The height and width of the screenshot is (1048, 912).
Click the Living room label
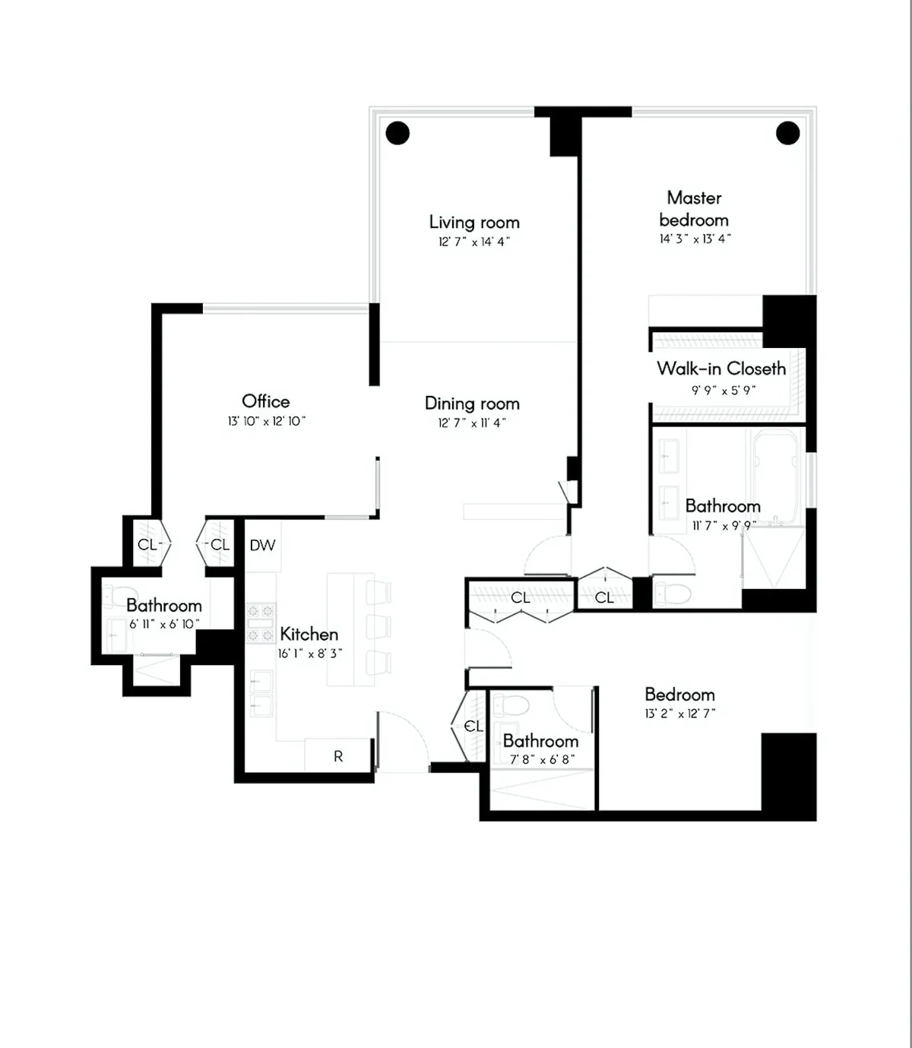(474, 222)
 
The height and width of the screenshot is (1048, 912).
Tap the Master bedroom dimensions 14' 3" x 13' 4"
(695, 239)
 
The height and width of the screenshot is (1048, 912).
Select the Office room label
(265, 401)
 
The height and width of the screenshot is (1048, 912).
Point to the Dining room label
(472, 403)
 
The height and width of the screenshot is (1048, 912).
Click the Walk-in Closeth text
(721, 369)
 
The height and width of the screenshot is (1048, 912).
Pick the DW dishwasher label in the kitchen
(262, 545)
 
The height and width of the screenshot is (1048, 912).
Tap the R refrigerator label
(338, 756)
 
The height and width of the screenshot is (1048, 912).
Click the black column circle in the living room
(397, 133)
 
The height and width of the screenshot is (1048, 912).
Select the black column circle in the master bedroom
(788, 133)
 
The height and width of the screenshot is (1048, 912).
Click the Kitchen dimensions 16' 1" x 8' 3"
(310, 654)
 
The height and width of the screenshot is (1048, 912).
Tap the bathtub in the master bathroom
(774, 475)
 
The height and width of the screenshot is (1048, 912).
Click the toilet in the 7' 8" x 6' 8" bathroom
(511, 705)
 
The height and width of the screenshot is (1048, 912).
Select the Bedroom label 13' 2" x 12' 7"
(679, 695)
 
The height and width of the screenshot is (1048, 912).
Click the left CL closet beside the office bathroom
(147, 544)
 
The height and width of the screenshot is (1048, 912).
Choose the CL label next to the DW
(220, 544)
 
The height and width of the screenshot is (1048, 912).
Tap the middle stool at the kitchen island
(378, 626)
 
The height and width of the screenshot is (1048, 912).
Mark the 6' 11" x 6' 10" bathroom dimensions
(164, 624)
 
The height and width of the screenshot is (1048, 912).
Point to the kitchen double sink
(261, 693)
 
